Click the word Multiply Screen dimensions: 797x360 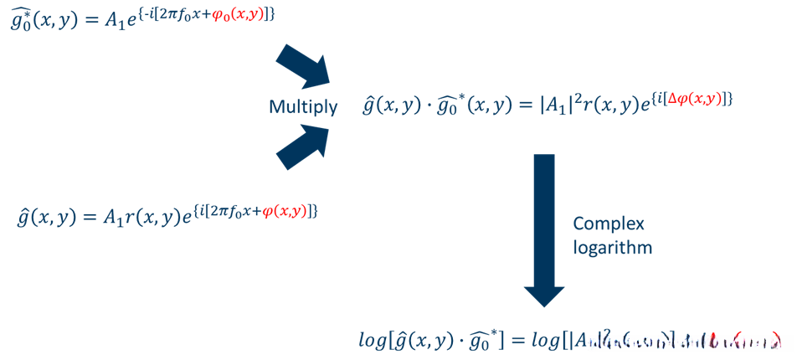coord(303,107)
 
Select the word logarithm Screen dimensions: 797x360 coord(612,248)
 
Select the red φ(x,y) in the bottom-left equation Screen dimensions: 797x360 coord(285,211)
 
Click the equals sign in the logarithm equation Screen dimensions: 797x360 coord(516,341)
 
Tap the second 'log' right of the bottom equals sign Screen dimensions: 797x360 coord(543,341)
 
